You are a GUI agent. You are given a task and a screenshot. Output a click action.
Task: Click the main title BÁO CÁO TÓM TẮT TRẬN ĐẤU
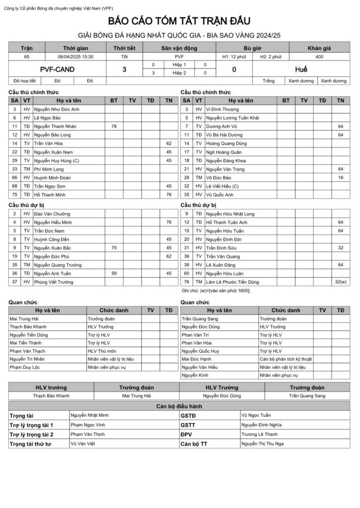[180, 21]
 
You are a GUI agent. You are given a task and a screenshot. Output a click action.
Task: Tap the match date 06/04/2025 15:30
[75, 57]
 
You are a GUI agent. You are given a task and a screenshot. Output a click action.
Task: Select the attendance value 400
[319, 57]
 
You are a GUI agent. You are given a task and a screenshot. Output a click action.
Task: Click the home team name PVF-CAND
[57, 69]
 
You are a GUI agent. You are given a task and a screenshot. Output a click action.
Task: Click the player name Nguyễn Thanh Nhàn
[55, 127]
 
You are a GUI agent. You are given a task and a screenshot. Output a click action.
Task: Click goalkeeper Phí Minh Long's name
[49, 169]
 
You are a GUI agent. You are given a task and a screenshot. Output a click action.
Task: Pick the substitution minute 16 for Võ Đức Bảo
[340, 178]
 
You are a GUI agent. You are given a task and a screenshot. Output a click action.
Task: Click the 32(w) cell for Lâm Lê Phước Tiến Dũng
[340, 282]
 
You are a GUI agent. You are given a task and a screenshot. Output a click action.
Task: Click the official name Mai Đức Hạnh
[196, 359]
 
